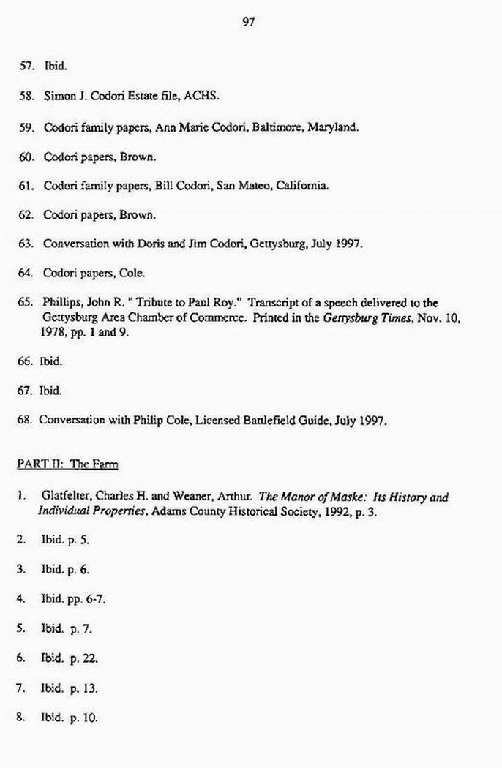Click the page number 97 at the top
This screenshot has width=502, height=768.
pos(248,22)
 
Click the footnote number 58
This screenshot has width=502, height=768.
pos(26,96)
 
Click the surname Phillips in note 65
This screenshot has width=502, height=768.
pos(61,303)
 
